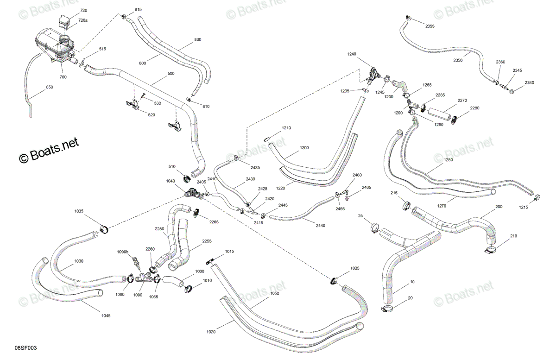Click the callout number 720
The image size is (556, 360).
pyautogui.click(x=84, y=11)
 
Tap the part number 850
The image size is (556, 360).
pyautogui.click(x=50, y=87)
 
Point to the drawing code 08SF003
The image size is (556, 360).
pyautogui.click(x=25, y=348)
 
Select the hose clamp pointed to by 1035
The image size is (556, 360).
pyautogui.click(x=104, y=229)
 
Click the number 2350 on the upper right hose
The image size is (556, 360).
pyautogui.click(x=458, y=60)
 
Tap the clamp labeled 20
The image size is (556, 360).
pyautogui.click(x=387, y=309)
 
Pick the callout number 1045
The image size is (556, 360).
pyautogui.click(x=106, y=316)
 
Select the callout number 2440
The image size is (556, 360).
pyautogui.click(x=321, y=226)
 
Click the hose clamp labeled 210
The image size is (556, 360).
pyautogui.click(x=491, y=251)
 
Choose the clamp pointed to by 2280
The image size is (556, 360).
pyautogui.click(x=454, y=120)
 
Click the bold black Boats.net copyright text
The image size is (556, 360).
pyautogui.click(x=49, y=150)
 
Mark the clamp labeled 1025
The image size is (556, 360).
pyautogui.click(x=335, y=281)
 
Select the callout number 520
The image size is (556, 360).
pyautogui.click(x=152, y=115)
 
